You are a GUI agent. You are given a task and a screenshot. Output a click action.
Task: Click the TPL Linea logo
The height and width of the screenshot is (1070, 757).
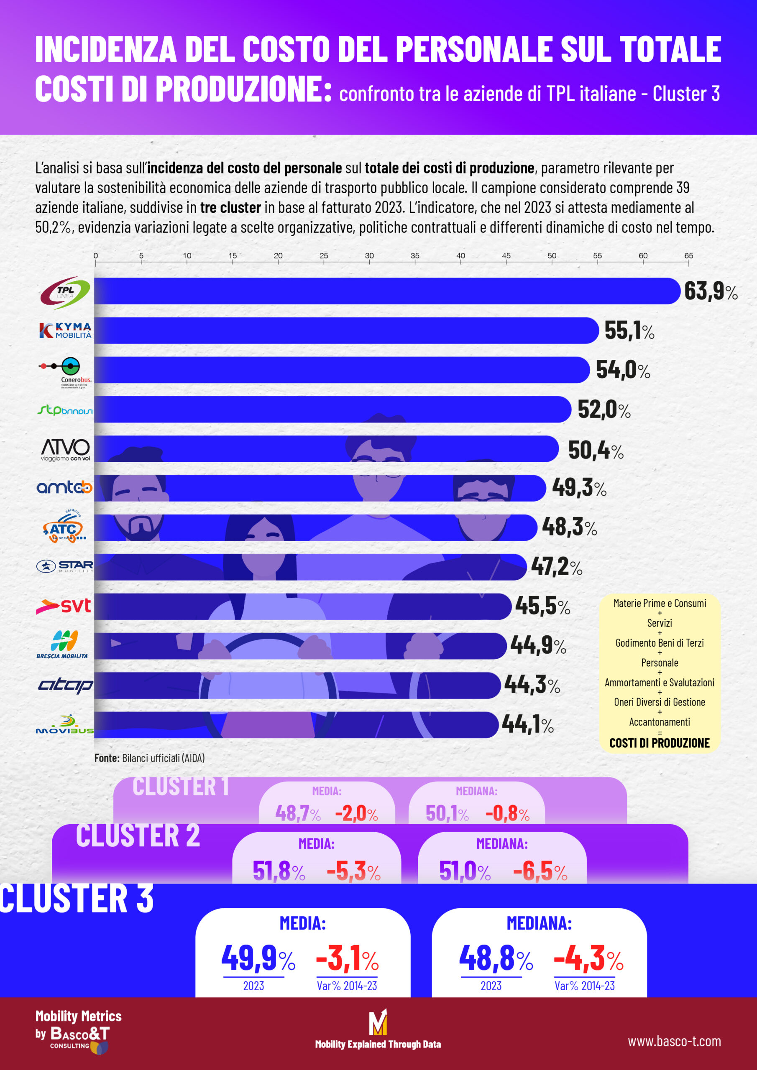click(65, 293)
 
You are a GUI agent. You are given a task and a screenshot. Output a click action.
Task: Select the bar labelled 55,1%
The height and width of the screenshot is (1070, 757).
click(345, 331)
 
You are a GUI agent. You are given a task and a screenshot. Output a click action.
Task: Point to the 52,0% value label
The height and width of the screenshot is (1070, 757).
click(604, 410)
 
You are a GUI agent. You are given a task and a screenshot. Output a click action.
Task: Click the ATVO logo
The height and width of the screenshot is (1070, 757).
click(65, 449)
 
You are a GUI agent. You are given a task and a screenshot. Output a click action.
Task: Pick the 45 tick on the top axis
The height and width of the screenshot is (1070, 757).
click(506, 256)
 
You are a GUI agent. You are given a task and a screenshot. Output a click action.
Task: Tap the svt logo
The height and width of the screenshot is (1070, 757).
click(64, 606)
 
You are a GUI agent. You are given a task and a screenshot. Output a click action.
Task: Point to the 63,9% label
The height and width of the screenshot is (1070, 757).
click(710, 291)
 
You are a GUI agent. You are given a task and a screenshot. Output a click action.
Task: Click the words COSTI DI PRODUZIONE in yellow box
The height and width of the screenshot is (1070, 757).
click(659, 743)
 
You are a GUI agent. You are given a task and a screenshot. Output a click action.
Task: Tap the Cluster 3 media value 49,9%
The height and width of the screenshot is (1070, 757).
click(258, 958)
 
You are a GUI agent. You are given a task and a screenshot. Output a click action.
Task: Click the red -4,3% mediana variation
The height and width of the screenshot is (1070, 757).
click(588, 958)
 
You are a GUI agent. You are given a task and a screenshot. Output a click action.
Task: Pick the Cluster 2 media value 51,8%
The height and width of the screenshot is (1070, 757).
click(279, 871)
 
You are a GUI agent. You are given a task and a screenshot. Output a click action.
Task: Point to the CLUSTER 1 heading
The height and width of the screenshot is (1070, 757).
click(181, 787)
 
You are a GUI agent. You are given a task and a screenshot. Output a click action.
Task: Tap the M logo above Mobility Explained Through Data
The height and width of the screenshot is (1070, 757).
click(378, 1022)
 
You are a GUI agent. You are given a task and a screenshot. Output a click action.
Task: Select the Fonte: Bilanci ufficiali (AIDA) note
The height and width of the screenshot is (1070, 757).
click(149, 758)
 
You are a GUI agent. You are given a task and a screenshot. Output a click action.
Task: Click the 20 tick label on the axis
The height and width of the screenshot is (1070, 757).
click(278, 256)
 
